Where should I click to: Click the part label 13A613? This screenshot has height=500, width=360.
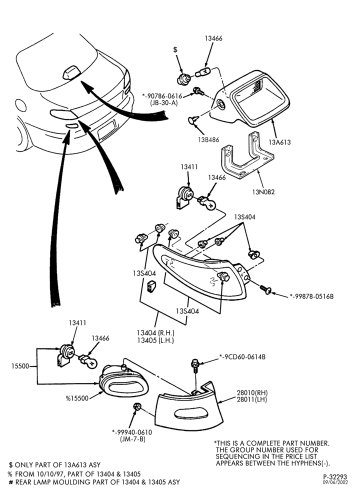pos(279,142)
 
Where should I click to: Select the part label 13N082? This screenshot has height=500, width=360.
pos(263,192)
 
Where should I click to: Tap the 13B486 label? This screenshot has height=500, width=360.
pos(208,139)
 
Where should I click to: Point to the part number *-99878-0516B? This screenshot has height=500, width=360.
pos(311,296)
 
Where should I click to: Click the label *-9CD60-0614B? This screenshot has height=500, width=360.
pos(242,357)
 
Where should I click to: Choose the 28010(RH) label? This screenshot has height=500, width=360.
pos(252,392)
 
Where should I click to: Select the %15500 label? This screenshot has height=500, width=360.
pos(77,398)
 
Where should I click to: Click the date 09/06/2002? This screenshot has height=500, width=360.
pos(335,482)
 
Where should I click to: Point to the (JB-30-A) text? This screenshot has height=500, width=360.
pos(163,103)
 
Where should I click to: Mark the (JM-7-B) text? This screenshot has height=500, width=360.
pos(132,439)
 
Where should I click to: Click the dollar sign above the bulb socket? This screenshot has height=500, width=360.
pos(175,49)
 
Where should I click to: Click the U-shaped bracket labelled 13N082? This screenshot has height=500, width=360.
pos(246,156)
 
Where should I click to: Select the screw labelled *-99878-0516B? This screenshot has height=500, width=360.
pos(265,289)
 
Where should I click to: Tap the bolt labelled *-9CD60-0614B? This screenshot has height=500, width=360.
pos(195,366)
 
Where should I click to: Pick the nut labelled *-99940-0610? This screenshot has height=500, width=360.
pos(137,407)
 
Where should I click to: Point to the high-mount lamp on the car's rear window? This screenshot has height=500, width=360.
pos(71,72)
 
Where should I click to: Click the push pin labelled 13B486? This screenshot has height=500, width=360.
pos(192,120)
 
